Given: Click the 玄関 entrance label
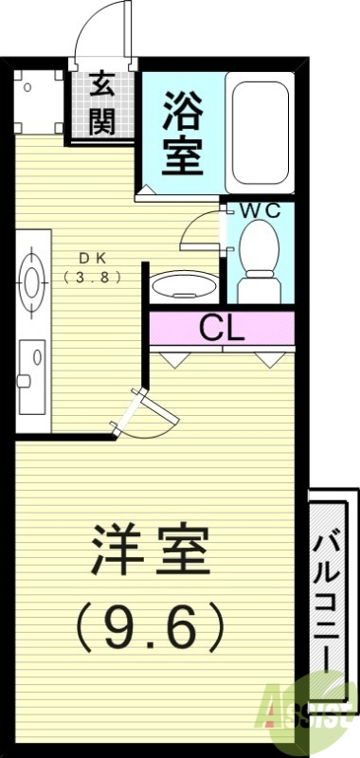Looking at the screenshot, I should point(102,103).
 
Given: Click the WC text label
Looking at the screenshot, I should point(258,210).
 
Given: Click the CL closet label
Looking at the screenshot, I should point(222,329).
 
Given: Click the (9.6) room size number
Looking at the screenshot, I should point(151,625).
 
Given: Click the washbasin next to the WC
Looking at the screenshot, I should point(180,285).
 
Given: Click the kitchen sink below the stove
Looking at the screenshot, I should point(31,365).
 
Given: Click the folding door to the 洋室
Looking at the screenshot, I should point(142,412).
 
